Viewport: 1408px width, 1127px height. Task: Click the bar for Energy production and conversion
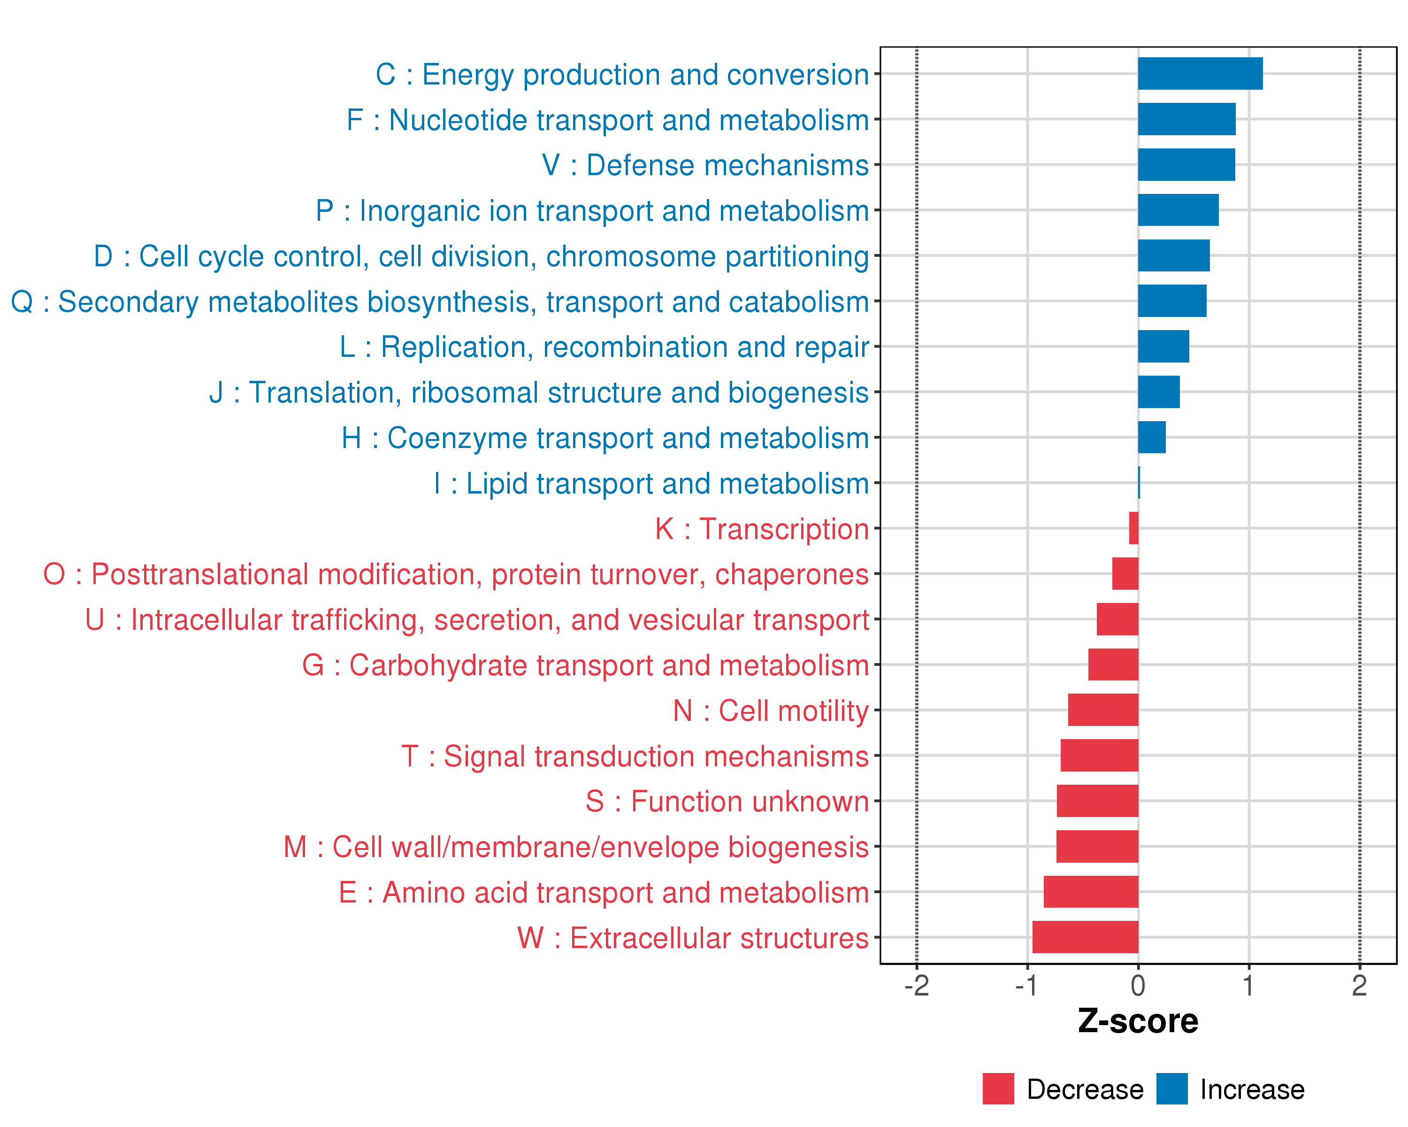point(1200,74)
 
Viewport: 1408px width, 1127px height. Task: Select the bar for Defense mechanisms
point(1186,165)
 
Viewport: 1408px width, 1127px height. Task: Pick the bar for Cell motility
point(1103,710)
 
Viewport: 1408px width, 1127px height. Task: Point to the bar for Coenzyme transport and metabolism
point(1151,437)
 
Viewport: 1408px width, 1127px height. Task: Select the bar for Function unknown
point(1097,801)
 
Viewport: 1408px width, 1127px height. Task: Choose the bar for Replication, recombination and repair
point(1163,346)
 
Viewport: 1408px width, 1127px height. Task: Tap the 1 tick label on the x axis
point(1248,986)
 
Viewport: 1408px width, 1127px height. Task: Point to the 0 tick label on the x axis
point(1138,986)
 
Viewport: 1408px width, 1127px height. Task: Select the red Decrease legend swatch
point(998,1089)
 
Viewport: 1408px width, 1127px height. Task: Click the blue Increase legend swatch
point(1171,1089)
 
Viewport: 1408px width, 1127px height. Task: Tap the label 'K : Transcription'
point(761,529)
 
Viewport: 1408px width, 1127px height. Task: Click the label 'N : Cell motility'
point(771,711)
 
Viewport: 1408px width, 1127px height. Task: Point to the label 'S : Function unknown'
point(727,802)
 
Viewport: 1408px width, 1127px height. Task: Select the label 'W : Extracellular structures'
point(693,938)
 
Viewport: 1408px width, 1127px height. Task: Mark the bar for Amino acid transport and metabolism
point(1091,892)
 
